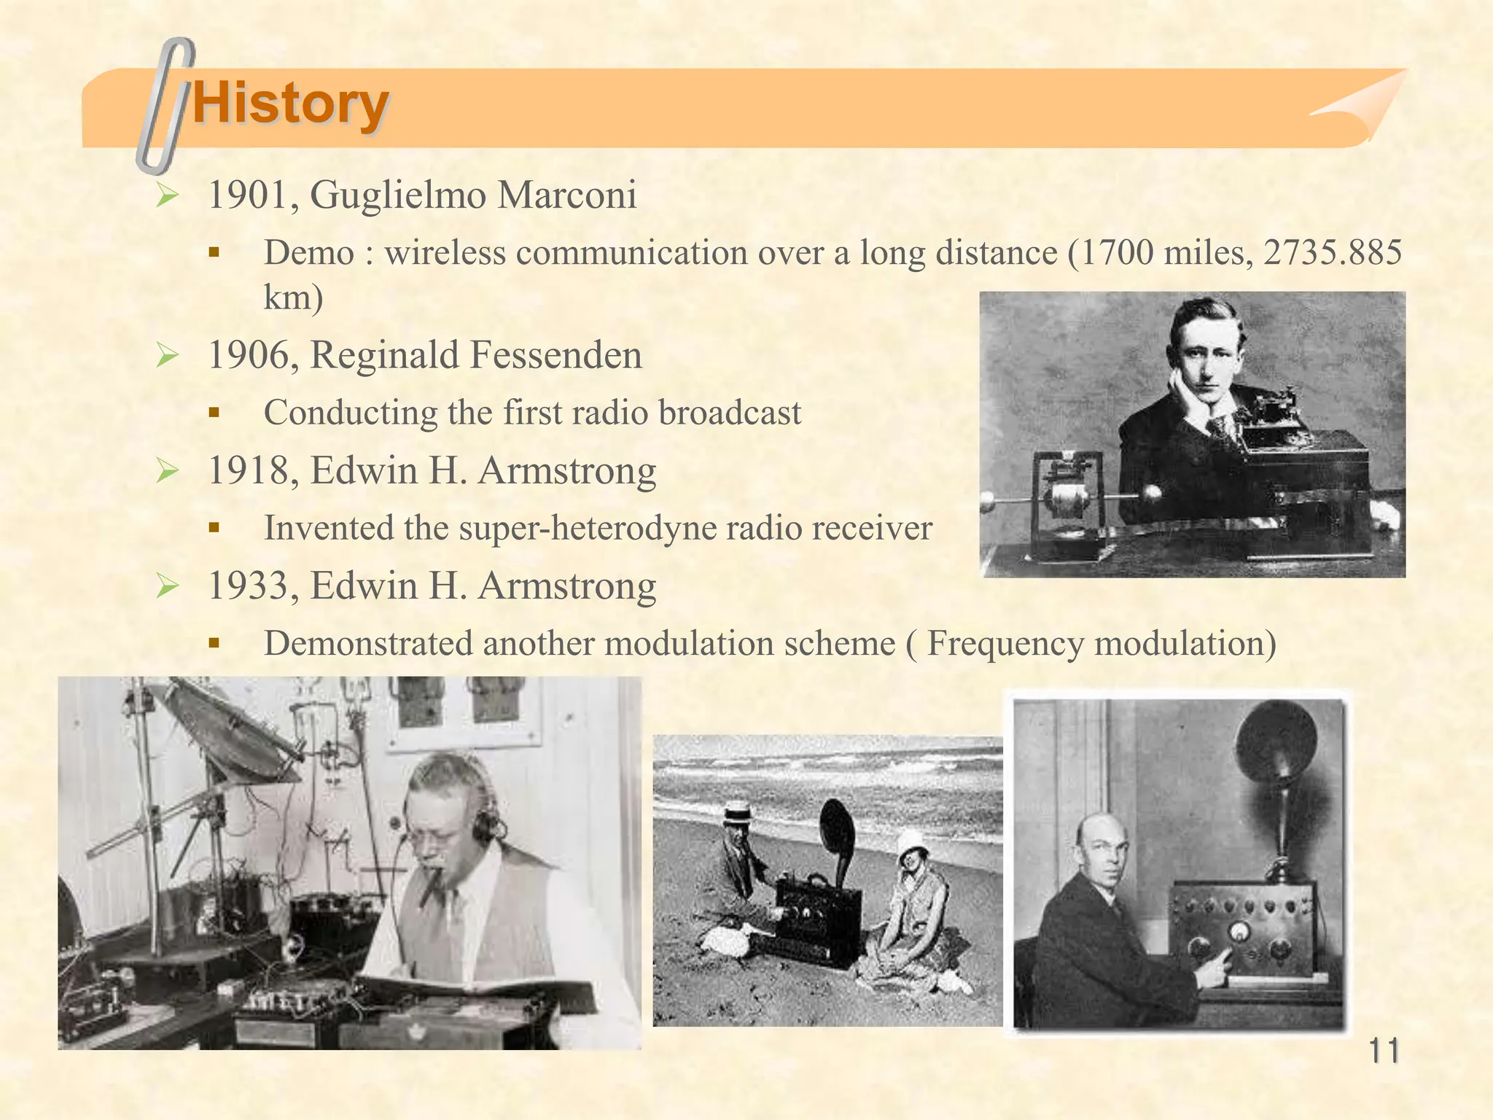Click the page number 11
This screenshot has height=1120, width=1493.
pos(1383,1051)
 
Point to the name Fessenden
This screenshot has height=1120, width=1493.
pos(556,355)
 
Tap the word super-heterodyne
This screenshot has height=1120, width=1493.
pos(581,528)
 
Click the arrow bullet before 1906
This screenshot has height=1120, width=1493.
pos(168,356)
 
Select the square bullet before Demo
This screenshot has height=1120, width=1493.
pos(214,253)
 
